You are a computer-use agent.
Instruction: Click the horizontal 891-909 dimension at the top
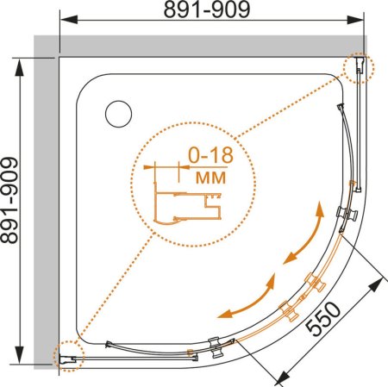tap(207, 10)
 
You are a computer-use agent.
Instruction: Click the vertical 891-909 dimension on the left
tap(9, 200)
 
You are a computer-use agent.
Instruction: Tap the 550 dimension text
tap(322, 319)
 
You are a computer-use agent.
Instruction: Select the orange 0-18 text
tap(210, 155)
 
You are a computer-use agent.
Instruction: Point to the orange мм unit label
tap(210, 178)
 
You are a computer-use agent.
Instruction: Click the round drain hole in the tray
tap(118, 114)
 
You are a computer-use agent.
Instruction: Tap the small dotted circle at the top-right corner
tap(359, 67)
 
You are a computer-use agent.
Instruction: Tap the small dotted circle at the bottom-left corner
tap(69, 356)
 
